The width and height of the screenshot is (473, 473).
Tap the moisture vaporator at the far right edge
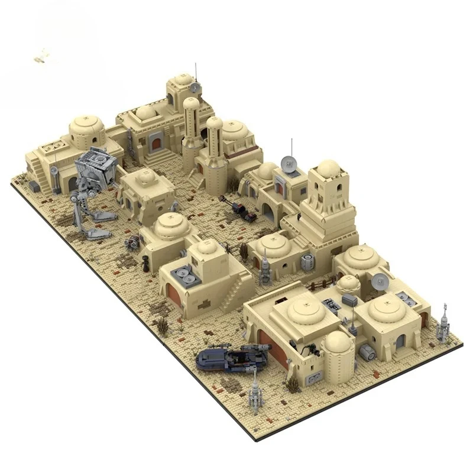tap(443, 324)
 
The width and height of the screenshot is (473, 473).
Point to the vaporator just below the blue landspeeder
tap(255, 390)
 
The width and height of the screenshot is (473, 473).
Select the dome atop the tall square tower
tap(329, 169)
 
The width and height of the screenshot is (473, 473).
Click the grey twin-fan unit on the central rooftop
tap(183, 276)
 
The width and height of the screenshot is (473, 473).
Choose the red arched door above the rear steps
tap(155, 142)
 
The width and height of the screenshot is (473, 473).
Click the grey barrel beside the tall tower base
tap(307, 261)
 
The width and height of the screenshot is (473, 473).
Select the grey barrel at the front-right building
tap(367, 353)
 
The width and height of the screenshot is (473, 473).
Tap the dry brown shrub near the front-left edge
tap(161, 326)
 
